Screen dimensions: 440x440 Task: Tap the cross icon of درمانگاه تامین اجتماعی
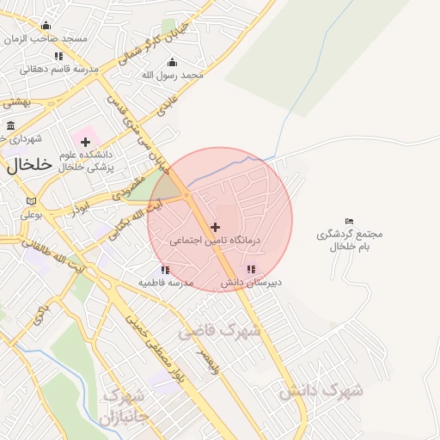coord(215,227)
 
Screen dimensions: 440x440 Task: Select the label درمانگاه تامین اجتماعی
coord(214,242)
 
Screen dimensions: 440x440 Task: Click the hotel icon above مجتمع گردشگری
coord(348,222)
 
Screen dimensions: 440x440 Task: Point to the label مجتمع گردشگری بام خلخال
coord(350,240)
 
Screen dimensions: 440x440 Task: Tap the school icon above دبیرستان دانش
coord(250,269)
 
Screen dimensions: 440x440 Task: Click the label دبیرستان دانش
coord(251,282)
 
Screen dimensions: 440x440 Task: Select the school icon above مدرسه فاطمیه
coord(165,270)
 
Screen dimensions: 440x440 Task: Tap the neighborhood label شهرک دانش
coord(321,391)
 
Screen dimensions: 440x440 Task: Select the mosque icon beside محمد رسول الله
coord(171,62)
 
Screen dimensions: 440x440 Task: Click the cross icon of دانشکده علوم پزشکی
coord(86,141)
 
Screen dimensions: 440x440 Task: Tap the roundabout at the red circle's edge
coord(186,197)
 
